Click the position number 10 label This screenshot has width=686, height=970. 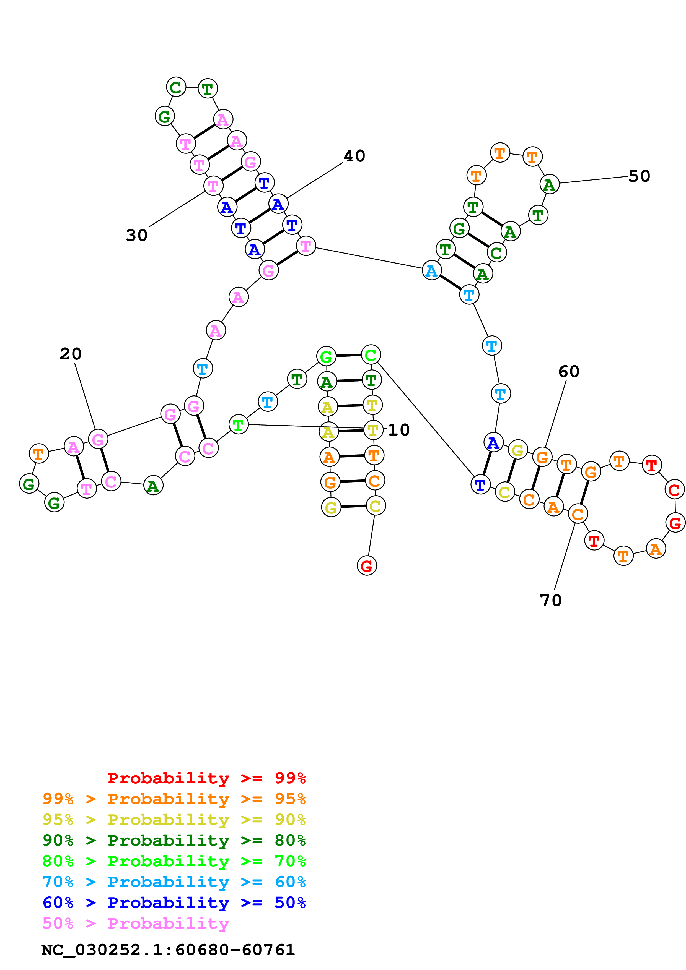click(x=398, y=430)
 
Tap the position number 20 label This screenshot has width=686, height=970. click(x=71, y=354)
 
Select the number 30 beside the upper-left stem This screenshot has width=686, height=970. click(x=136, y=235)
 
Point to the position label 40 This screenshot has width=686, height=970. click(x=354, y=156)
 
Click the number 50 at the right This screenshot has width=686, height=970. click(x=639, y=176)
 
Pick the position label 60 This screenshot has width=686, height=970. click(x=568, y=372)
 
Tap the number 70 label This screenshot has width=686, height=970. click(x=551, y=600)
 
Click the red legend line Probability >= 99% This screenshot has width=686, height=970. click(x=207, y=778)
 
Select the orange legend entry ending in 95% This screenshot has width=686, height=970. click(x=174, y=799)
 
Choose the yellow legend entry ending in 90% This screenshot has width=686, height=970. click(x=174, y=820)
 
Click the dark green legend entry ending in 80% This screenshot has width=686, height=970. click(x=174, y=840)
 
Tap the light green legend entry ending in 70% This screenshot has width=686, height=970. click(x=174, y=861)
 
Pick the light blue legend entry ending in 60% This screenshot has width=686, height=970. click(x=174, y=882)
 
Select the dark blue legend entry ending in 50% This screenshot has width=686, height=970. click(x=174, y=903)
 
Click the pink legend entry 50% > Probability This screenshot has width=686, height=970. click(x=136, y=923)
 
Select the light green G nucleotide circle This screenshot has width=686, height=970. click(x=326, y=357)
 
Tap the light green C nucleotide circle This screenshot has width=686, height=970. click(x=371, y=355)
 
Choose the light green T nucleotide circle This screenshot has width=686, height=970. click(x=238, y=425)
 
